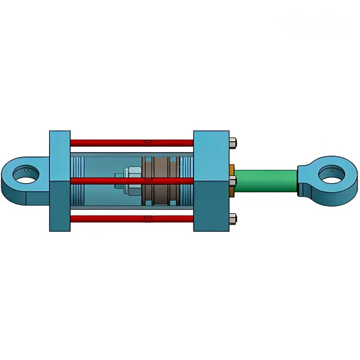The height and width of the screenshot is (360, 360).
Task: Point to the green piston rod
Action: click(x=265, y=181)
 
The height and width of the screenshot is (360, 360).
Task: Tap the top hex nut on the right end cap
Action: click(x=233, y=143)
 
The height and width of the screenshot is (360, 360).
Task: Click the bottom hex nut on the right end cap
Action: click(x=233, y=219)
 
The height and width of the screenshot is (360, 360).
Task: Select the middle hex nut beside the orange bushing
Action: click(x=233, y=181)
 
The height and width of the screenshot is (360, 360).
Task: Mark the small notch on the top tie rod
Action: click(x=148, y=141)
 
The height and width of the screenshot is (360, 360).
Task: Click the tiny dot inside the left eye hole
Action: click(x=26, y=171)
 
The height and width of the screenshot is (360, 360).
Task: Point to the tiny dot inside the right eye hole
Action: click(x=332, y=170)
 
